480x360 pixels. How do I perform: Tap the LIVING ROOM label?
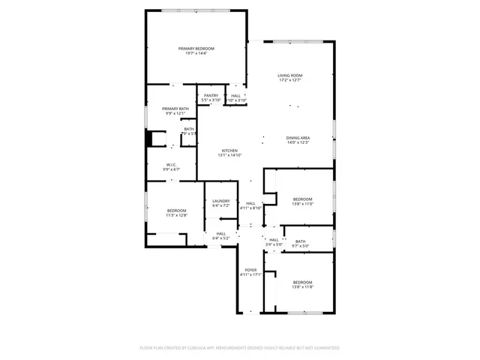pyautogui.click(x=289, y=75)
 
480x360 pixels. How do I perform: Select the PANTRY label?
pyautogui.click(x=211, y=95)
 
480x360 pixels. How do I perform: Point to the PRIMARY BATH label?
pyautogui.click(x=175, y=109)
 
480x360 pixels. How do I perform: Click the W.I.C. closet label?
pyautogui.click(x=172, y=165)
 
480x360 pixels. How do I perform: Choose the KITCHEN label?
pyautogui.click(x=229, y=151)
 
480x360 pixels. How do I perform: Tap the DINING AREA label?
pyautogui.click(x=298, y=137)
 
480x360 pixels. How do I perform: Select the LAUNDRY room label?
pyautogui.click(x=220, y=200)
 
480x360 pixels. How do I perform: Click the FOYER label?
pyautogui.click(x=250, y=270)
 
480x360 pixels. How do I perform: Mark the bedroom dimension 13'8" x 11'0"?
pyautogui.click(x=302, y=203)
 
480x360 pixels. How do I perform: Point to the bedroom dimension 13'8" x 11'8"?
pyautogui.click(x=302, y=286)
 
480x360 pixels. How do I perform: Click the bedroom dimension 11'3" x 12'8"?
pyautogui.click(x=177, y=215)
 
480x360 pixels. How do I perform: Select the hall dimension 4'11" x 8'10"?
pyautogui.click(x=250, y=208)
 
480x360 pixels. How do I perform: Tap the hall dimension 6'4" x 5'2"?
pyautogui.click(x=220, y=238)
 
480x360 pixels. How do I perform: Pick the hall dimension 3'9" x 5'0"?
pyautogui.click(x=274, y=244)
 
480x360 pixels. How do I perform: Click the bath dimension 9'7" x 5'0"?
pyautogui.click(x=300, y=245)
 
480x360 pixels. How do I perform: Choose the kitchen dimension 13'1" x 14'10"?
pyautogui.click(x=229, y=155)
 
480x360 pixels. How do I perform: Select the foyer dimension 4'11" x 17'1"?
pyautogui.click(x=250, y=274)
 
